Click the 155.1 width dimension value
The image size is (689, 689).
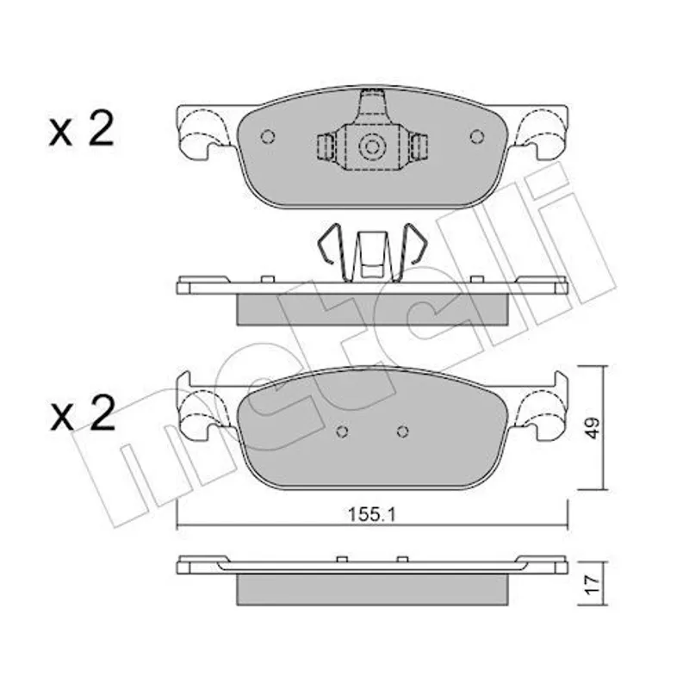click(372, 514)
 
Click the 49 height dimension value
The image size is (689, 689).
click(593, 427)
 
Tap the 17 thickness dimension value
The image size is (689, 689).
click(593, 586)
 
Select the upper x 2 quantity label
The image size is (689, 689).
click(82, 128)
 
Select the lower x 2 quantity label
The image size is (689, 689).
click(83, 413)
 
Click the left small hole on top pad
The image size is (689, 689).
click(268, 137)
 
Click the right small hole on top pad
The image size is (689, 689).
click(477, 137)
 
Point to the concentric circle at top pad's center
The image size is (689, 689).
click(372, 146)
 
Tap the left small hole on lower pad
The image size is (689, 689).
click(342, 431)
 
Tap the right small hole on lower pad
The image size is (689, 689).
click(402, 431)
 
